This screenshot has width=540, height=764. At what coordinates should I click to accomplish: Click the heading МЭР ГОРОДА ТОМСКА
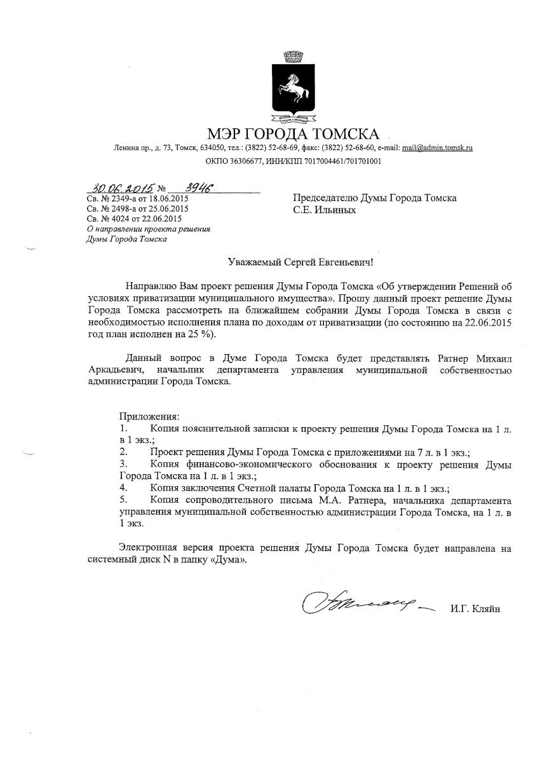pyautogui.click(x=293, y=134)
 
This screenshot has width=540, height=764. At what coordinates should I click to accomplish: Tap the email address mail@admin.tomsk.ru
pyautogui.click(x=437, y=147)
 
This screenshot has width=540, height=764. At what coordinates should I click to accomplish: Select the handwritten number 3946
pyautogui.click(x=198, y=188)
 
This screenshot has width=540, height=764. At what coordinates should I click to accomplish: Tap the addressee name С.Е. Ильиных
pyautogui.click(x=324, y=210)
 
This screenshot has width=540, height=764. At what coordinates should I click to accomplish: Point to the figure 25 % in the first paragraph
pyautogui.click(x=196, y=335)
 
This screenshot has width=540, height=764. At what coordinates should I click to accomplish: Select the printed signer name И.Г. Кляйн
pyautogui.click(x=475, y=609)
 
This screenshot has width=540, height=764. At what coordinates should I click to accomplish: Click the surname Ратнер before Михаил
pyautogui.click(x=451, y=359)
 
